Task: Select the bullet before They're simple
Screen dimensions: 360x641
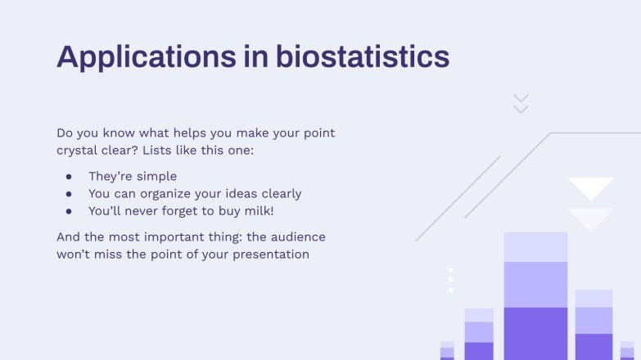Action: click(x=70, y=177)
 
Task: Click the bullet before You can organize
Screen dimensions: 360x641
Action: click(x=70, y=194)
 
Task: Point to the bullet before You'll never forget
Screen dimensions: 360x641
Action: click(x=70, y=211)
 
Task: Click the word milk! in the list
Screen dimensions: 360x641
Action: click(x=259, y=211)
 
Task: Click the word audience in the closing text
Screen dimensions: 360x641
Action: click(x=296, y=237)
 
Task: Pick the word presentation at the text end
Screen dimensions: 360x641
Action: click(x=269, y=254)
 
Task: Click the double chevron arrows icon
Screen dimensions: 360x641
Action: click(x=521, y=104)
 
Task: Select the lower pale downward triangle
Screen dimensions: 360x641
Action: click(x=591, y=218)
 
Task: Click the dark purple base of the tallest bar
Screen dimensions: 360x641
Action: click(x=535, y=333)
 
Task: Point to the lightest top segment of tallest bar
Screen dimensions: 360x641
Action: click(x=535, y=246)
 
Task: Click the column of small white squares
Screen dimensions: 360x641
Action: click(x=450, y=280)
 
